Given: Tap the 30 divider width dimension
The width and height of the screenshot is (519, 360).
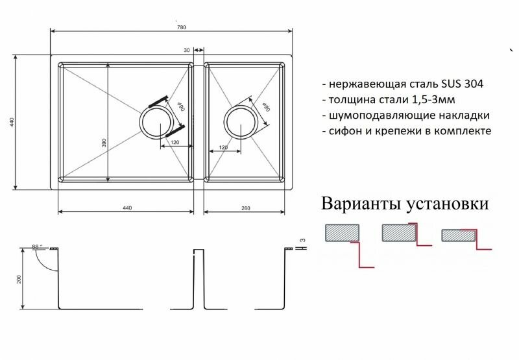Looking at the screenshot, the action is (187, 49).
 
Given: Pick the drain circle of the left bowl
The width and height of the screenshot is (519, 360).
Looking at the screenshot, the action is (156, 122).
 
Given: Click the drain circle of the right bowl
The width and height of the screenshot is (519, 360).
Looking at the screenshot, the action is (240, 121).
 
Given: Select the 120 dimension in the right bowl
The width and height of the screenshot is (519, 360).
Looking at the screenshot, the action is (223, 148).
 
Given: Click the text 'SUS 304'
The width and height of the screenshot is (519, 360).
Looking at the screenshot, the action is (464, 85).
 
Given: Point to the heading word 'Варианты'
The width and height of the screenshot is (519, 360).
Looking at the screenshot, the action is (361, 204).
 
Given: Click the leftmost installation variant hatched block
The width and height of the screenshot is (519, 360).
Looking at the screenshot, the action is (342, 232).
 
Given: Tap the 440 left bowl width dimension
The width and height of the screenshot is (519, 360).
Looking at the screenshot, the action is (127, 208).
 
